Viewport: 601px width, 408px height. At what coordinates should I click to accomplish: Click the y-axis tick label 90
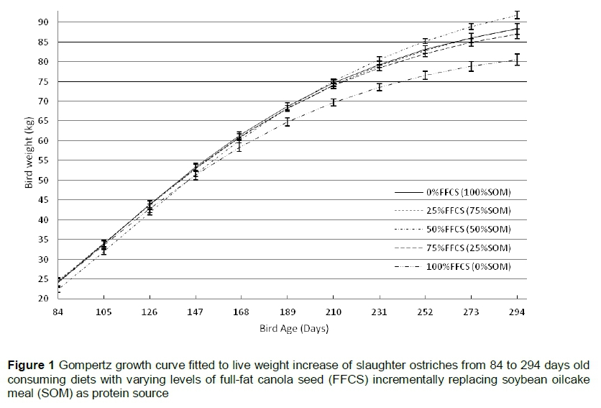pyautogui.click(x=43, y=22)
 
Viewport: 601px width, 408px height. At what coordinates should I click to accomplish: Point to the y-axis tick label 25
pyautogui.click(x=43, y=279)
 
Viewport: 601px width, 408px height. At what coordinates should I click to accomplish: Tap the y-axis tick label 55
pyautogui.click(x=43, y=160)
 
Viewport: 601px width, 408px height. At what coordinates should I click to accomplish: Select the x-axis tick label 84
pyautogui.click(x=58, y=312)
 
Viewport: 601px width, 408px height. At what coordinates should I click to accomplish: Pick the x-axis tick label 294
pyautogui.click(x=517, y=312)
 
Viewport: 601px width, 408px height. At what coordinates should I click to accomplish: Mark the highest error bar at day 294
pyautogui.click(x=517, y=15)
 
